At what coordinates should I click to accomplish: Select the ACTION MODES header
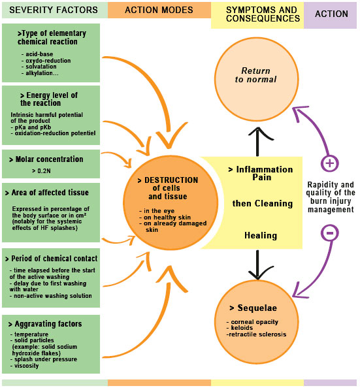pyautogui.click(x=158, y=10)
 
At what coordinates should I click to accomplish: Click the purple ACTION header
pyautogui.click(x=331, y=14)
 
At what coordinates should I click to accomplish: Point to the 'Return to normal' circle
pyautogui.click(x=259, y=75)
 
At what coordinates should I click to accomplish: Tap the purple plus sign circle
pyautogui.click(x=330, y=163)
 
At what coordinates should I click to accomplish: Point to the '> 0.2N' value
pyautogui.click(x=41, y=170)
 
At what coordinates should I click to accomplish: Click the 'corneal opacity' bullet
pyautogui.click(x=255, y=322)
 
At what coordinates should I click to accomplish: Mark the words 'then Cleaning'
pyautogui.click(x=263, y=203)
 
